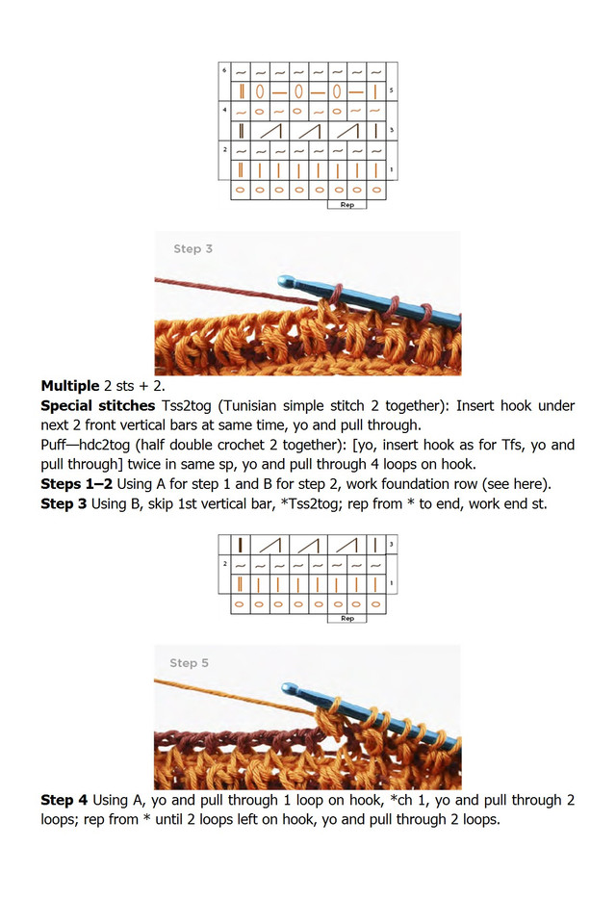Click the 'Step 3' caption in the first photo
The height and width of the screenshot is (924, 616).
[x=192, y=249]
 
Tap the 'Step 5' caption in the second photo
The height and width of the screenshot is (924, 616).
[x=189, y=663]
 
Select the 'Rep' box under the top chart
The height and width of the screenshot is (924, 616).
[x=346, y=205]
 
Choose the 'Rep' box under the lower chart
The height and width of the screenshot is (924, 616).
[x=346, y=618]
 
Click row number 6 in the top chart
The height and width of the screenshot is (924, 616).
[x=225, y=71]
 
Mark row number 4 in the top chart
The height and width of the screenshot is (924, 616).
[x=225, y=111]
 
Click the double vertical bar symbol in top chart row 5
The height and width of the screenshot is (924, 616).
[x=241, y=92]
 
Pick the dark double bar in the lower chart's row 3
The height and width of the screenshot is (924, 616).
[x=241, y=545]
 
